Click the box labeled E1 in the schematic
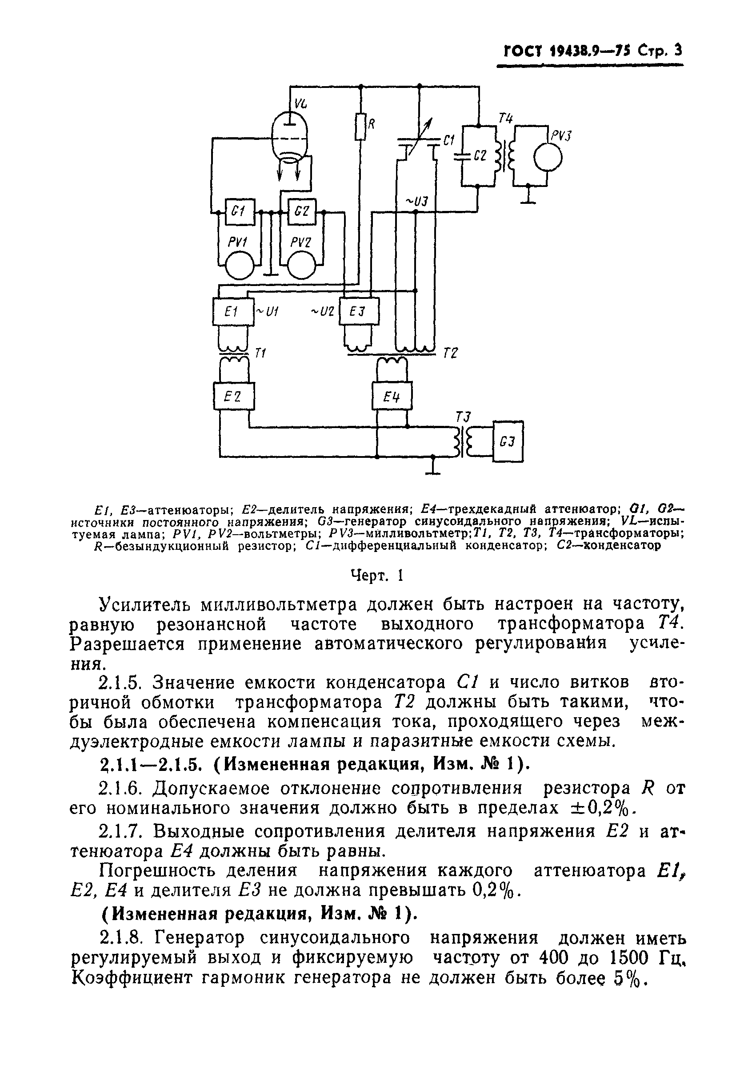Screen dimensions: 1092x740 pos(233,312)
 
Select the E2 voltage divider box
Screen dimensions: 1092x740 pos(234,397)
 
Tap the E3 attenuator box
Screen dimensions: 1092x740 pos(359,312)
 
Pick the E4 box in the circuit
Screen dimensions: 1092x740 pos(392,397)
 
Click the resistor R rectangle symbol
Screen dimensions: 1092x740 pos(360,127)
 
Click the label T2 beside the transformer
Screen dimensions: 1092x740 pos(450,353)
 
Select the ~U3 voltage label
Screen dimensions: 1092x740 pos(416,202)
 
